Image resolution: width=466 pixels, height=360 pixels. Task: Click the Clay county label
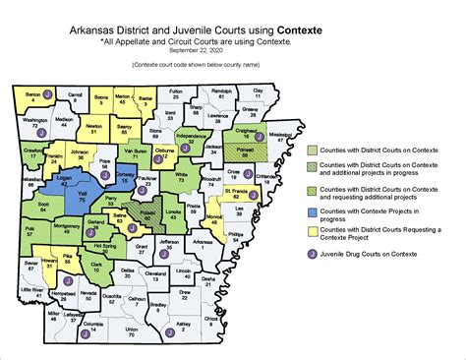(x=259, y=90)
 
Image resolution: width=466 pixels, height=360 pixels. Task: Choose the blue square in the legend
(x=311, y=210)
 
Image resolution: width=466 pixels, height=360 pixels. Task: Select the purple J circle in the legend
(x=311, y=254)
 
